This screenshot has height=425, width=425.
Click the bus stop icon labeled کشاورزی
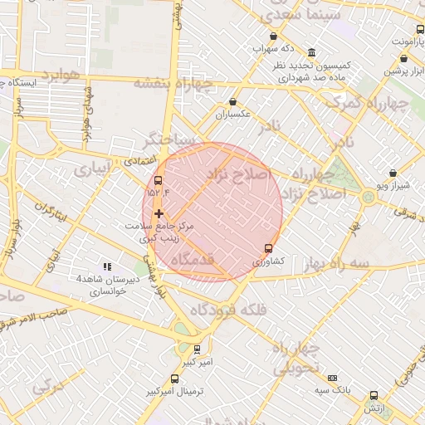tap(268, 248)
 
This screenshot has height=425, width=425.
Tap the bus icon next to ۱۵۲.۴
tap(159, 180)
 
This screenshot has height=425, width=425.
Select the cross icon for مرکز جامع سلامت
tap(159, 213)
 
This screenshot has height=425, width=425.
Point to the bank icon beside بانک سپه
tap(333, 378)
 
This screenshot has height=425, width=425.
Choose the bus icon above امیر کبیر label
tap(197, 349)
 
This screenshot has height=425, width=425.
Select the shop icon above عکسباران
tap(232, 102)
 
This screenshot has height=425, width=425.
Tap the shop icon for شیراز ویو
tap(393, 173)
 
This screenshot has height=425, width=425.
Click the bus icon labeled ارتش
tap(374, 396)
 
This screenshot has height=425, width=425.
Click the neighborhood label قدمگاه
tap(193, 259)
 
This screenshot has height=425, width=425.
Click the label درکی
tap(48, 388)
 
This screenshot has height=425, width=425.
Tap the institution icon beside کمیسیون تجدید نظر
tap(311, 51)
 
